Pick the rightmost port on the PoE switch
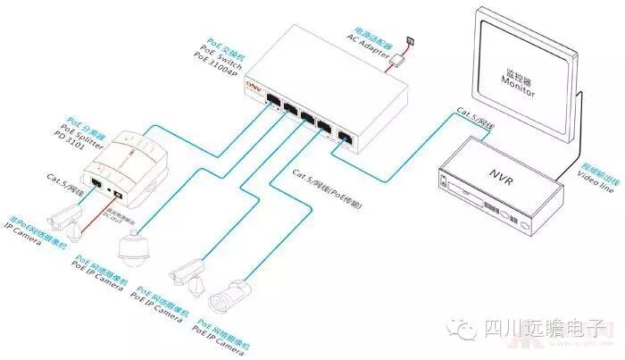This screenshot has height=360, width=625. point(345,138)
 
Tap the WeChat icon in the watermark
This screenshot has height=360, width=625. point(466,330)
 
